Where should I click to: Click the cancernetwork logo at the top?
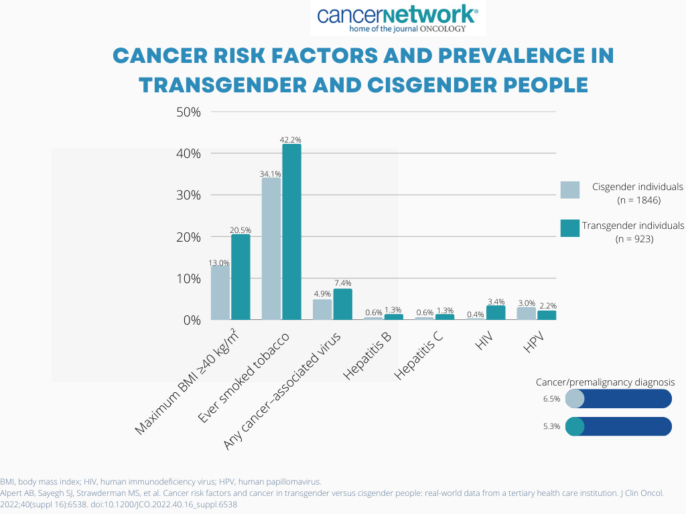(x=398, y=18)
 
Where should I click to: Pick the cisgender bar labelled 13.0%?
(x=220, y=292)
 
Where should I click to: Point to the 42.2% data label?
(x=291, y=139)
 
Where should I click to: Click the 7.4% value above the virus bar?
(x=342, y=284)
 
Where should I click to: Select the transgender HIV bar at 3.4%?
(x=496, y=313)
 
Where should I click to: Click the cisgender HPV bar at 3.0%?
(x=526, y=313)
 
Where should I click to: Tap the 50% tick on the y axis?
(x=188, y=112)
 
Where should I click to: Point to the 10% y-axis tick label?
(x=188, y=278)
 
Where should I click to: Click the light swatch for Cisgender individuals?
(x=569, y=189)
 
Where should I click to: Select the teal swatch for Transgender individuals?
(x=569, y=228)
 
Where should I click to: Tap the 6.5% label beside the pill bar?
(x=551, y=399)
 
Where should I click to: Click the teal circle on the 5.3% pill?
(x=575, y=426)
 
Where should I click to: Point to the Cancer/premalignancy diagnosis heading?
(x=605, y=381)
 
